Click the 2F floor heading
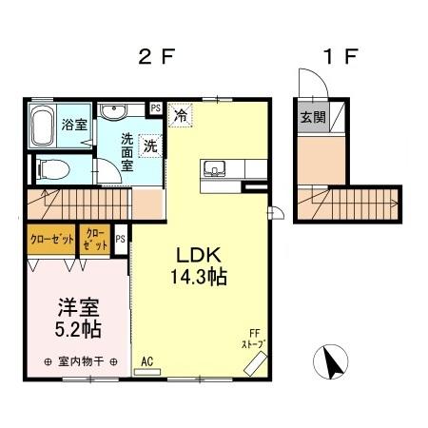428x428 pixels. [x=157, y=55]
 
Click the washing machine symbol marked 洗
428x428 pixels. [x=150, y=146]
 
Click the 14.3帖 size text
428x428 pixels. [x=200, y=279]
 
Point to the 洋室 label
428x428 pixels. [x=76, y=308]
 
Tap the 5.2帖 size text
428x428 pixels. [x=76, y=330]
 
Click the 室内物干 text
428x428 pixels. [x=80, y=362]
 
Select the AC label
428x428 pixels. [x=146, y=361]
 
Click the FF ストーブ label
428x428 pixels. [x=252, y=339]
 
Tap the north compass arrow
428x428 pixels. [x=330, y=362]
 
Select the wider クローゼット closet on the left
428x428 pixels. [x=50, y=239]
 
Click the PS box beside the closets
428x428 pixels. [x=121, y=240]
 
